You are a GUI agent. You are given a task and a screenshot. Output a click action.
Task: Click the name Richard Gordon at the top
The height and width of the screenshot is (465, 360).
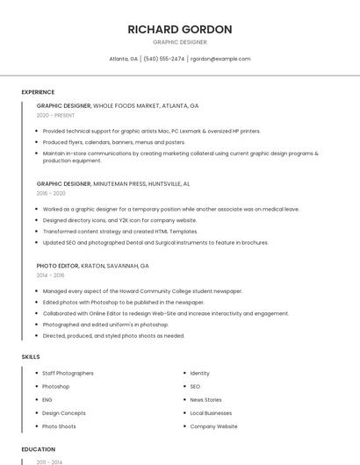(179, 29)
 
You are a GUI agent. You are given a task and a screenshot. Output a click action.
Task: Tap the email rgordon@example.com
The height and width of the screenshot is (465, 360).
(220, 59)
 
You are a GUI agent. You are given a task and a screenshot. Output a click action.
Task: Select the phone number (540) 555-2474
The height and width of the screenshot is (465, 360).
(164, 59)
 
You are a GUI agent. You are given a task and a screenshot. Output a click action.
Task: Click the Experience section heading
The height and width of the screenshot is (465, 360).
(38, 92)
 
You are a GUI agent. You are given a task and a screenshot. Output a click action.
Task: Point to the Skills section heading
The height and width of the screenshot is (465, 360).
(31, 357)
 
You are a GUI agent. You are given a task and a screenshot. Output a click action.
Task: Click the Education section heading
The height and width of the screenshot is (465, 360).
(38, 449)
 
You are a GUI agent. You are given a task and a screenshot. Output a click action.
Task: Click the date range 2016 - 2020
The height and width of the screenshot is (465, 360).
(51, 193)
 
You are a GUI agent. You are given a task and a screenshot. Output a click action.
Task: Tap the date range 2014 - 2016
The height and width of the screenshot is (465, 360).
(50, 275)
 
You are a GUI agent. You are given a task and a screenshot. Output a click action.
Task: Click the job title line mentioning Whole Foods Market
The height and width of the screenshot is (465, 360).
(118, 105)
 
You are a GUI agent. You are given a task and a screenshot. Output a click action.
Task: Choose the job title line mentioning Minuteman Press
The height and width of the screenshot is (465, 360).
(113, 184)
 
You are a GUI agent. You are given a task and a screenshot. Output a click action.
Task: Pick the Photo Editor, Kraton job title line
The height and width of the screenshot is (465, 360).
(92, 265)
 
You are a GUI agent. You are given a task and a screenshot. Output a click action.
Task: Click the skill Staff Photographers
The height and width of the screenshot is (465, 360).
(68, 373)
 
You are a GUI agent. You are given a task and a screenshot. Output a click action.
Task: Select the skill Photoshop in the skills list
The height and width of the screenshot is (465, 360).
(55, 386)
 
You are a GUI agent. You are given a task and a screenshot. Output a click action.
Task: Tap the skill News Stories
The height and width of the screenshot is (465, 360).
(205, 399)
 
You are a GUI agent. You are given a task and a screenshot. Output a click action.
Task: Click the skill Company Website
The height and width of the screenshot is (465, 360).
(213, 426)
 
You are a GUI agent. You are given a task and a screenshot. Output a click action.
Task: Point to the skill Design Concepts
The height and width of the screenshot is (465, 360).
(64, 412)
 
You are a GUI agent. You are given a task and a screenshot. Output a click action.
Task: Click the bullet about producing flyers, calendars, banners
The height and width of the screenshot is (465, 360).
(114, 142)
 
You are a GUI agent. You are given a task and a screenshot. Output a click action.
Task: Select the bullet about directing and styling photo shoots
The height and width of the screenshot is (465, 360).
(113, 335)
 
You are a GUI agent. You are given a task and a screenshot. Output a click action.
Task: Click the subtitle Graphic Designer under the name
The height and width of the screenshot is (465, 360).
(179, 42)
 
